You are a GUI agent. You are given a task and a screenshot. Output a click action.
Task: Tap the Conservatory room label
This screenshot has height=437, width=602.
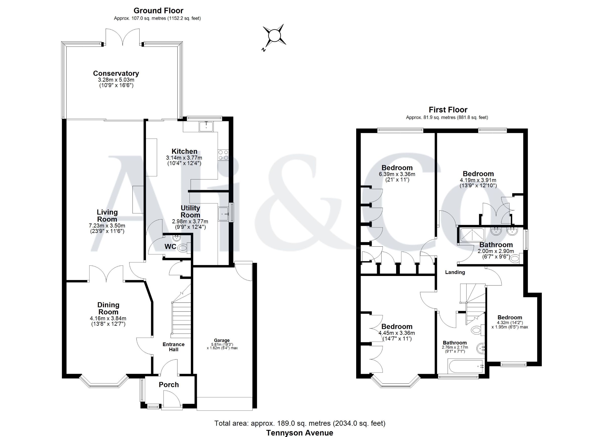(116, 73)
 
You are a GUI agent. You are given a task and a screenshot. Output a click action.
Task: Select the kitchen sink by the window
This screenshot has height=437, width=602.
(206, 126)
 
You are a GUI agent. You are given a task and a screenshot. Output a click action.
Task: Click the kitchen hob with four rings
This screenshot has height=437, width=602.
(223, 155)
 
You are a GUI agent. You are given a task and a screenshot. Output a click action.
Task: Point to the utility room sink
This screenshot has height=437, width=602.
(223, 214)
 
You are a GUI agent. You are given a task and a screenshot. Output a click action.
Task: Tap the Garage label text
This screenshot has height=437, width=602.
(222, 340)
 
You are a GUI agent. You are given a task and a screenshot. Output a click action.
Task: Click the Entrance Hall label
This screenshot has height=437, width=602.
(174, 347)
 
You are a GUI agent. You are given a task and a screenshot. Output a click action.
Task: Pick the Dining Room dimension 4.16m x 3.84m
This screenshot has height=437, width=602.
(108, 318)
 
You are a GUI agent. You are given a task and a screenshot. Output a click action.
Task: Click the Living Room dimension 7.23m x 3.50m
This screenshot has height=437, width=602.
(107, 226)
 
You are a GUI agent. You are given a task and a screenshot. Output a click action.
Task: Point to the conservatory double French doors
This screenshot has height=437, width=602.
(123, 37)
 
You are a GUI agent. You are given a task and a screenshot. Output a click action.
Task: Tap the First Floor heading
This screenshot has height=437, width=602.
(448, 109)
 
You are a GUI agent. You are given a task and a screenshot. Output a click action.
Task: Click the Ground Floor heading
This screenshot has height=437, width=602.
(159, 11)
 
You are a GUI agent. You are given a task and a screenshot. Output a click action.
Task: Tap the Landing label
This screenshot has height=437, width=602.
(455, 272)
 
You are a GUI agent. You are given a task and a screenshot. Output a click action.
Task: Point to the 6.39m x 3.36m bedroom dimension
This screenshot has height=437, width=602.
(397, 174)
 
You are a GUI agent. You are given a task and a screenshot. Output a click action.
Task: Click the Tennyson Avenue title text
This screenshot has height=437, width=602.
(300, 433)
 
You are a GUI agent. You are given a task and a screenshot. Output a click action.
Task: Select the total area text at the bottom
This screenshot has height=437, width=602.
(300, 423)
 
